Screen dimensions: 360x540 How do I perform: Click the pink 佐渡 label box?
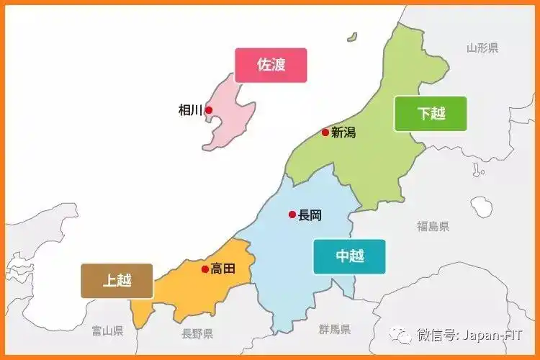[x=271, y=65]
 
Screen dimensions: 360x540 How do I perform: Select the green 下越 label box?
[x=431, y=113]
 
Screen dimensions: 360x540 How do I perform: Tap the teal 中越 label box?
[x=349, y=256]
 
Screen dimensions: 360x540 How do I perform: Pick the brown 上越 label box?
[x=117, y=280]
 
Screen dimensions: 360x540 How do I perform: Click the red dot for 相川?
[x=209, y=110]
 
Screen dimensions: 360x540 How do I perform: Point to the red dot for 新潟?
[x=325, y=132]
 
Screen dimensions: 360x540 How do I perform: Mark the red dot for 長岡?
[x=292, y=214]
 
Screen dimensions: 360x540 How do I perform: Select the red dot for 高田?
[x=205, y=269]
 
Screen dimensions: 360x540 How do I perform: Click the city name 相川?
[x=191, y=110]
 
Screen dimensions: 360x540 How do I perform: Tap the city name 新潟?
[x=343, y=132]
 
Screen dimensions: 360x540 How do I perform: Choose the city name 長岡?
[x=310, y=215]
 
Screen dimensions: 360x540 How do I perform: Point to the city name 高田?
[x=223, y=269]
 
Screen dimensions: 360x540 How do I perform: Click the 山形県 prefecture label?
[x=482, y=48]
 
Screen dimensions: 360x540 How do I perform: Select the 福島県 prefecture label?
[x=433, y=226]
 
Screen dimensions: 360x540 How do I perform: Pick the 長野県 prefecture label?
[x=197, y=333]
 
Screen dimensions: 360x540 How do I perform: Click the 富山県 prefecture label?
[x=107, y=330]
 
